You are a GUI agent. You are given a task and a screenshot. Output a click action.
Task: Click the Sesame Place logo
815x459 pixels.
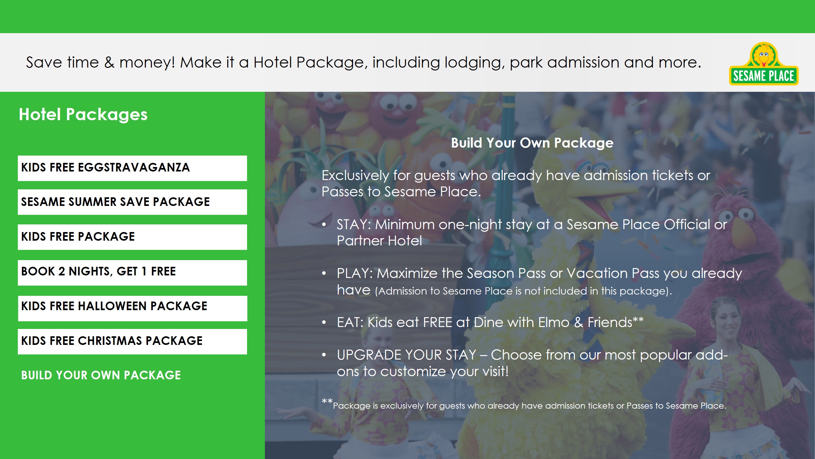point(763,64)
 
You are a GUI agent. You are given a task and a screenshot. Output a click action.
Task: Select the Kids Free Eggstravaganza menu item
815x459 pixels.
point(132,168)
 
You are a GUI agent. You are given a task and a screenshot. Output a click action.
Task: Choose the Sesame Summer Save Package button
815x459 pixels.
point(132,202)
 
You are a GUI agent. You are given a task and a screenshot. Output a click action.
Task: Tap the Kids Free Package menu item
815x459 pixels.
point(132,237)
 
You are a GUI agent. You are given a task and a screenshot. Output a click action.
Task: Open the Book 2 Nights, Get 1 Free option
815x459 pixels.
point(132,273)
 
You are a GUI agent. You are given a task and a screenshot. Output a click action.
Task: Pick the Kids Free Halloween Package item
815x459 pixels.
point(132,308)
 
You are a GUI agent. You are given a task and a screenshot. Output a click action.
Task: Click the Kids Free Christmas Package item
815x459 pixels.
point(132,341)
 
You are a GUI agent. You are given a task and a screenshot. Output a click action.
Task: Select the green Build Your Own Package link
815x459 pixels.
point(101,375)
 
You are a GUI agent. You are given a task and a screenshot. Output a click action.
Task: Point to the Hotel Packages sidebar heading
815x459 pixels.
point(83,114)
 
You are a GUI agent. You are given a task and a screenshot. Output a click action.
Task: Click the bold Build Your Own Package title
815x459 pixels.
point(532,143)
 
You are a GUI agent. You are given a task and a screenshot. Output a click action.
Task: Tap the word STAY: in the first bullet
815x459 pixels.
point(354,224)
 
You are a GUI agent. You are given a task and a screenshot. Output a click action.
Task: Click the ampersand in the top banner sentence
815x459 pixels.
point(109,62)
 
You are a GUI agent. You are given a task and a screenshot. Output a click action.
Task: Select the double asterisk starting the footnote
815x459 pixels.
point(327,401)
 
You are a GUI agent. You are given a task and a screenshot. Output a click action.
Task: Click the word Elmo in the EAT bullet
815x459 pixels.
point(554,322)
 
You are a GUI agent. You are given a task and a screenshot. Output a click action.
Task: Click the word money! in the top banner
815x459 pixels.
point(146,63)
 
